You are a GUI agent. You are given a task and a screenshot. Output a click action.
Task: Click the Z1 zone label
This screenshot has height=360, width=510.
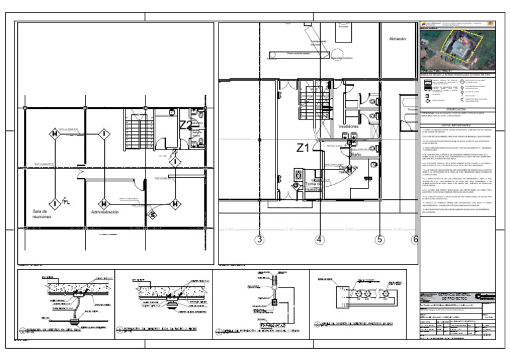pos(303,149)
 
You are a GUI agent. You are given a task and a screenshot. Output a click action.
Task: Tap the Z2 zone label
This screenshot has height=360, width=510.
pos(185,124)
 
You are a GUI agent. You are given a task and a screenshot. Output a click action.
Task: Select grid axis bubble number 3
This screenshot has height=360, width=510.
pos(260,240)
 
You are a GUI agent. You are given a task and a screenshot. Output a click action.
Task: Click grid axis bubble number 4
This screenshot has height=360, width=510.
pos(319,240)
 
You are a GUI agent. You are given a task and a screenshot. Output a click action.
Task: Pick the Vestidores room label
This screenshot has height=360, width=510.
pos(349,125)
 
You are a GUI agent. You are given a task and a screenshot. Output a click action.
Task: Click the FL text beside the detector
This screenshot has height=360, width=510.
pos(65,201)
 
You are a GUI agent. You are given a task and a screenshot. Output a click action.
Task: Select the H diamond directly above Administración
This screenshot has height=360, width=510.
pos(104,203)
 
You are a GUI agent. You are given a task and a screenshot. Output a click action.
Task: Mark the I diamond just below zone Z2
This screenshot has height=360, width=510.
pos(174,161)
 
